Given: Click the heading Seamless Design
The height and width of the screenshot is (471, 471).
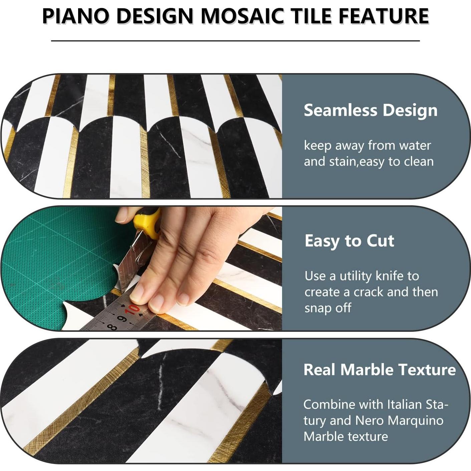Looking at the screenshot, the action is (x=371, y=110).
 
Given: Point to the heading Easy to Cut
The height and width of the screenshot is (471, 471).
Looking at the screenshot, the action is (x=349, y=241).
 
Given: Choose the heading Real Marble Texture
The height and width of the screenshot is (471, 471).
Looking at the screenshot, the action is (x=380, y=369).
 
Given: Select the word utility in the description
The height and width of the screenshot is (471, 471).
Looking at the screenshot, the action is (x=356, y=276).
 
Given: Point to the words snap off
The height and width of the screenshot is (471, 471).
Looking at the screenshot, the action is (x=328, y=308).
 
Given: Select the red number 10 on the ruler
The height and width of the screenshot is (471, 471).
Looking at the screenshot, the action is (x=133, y=310).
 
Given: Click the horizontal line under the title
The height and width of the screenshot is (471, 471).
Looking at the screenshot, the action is (x=235, y=41).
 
